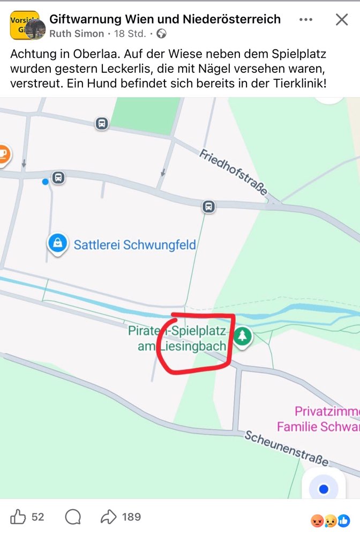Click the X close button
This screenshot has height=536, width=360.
(x=342, y=20)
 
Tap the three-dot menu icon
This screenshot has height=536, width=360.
(x=306, y=20)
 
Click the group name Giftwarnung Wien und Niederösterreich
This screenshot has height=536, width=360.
(x=165, y=19)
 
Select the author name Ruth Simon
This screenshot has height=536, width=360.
(x=77, y=34)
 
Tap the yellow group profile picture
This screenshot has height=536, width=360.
(x=25, y=25)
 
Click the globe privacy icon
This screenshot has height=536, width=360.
(x=161, y=34)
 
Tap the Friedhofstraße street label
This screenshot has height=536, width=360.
(x=234, y=173)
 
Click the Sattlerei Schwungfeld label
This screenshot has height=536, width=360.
(x=135, y=245)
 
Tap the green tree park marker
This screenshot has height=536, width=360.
(x=243, y=337)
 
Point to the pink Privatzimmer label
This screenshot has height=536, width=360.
(x=327, y=412)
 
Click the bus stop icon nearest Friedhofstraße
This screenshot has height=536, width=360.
(x=208, y=206)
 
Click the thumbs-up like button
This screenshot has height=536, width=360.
(x=19, y=517)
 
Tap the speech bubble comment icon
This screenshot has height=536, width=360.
(x=73, y=517)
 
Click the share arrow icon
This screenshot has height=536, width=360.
(x=109, y=517)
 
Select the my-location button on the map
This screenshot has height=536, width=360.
(x=323, y=489)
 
